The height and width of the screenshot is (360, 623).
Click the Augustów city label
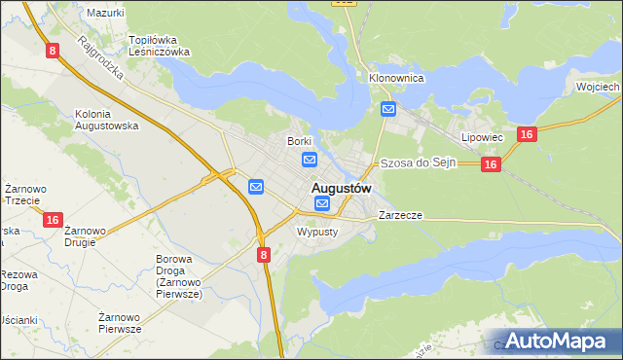tap(342, 187)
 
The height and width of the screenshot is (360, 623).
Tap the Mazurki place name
tap(105, 13)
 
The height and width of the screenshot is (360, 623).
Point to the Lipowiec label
tap(481, 138)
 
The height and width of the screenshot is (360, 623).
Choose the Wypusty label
tap(316, 232)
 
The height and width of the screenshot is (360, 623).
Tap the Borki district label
tap(298, 141)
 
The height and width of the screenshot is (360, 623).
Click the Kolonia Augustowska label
tap(107, 120)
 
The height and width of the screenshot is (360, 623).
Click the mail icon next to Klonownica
tap(388, 109)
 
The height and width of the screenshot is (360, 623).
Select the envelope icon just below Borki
tap(310, 160)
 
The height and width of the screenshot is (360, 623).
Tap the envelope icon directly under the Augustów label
tap(322, 203)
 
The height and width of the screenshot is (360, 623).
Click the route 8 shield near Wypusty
tap(264, 254)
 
